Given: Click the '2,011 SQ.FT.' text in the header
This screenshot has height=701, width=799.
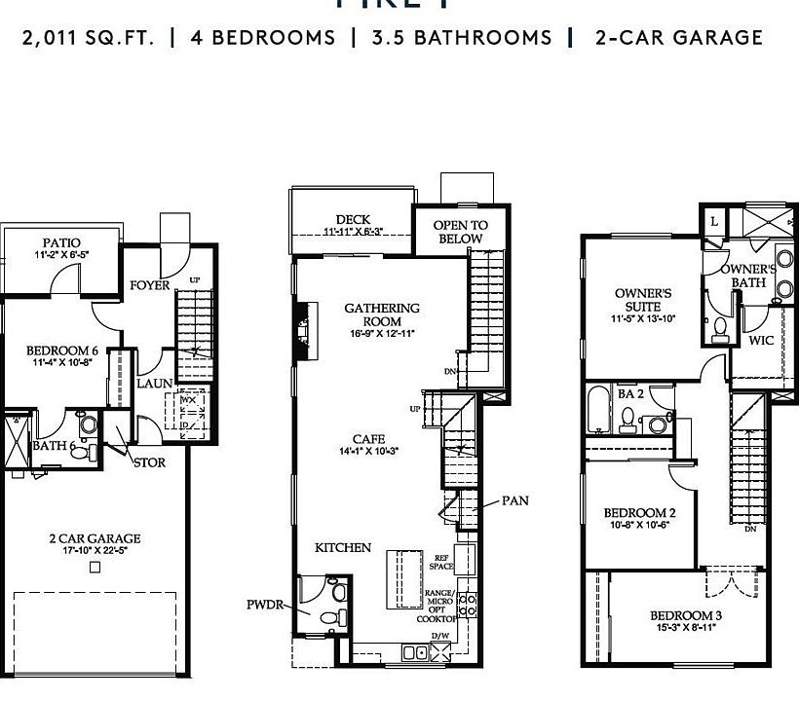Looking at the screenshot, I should coord(88,38).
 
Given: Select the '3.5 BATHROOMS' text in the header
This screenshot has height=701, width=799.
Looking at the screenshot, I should coord(461,38).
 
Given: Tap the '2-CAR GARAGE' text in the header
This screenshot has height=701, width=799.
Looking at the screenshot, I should coord(679,38).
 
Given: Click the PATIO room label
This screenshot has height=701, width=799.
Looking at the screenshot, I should coord(61,242).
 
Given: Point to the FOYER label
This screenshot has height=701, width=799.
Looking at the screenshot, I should coord(150,285).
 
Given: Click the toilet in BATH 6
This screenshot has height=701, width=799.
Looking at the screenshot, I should coord(86,425).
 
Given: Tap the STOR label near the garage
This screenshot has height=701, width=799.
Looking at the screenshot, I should coord(149,462).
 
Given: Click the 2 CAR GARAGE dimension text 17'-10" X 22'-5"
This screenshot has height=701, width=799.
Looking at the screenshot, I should coord(95,550).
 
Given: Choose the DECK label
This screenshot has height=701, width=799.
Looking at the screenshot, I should coord(352,220).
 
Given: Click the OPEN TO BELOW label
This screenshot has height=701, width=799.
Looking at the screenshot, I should coord(460,232).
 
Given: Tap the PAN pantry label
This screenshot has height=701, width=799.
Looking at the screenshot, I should coord(515,500).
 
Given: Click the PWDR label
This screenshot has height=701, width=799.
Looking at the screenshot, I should coord(264,605).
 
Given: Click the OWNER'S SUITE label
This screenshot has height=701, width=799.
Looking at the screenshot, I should coord(642,299).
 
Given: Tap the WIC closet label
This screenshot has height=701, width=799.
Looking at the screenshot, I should coord(761,341).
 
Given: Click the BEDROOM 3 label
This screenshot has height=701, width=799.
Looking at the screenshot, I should coord(686,615).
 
